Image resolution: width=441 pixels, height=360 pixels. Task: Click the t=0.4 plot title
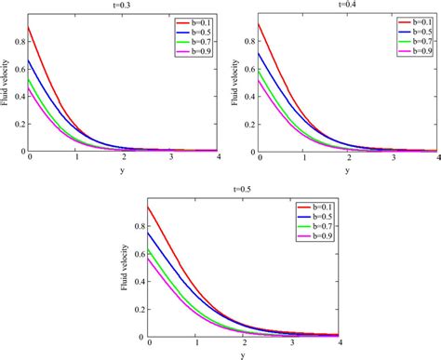345,5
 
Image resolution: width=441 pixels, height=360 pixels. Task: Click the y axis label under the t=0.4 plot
348,169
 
